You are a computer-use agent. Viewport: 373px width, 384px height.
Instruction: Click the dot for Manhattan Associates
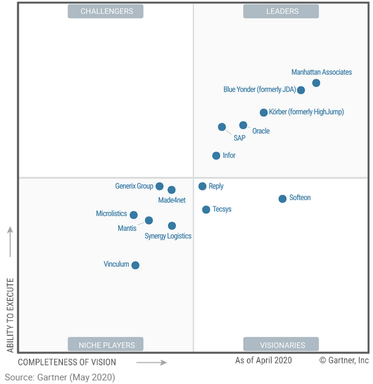coord(316,83)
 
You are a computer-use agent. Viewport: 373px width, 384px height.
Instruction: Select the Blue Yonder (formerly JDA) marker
coord(301,90)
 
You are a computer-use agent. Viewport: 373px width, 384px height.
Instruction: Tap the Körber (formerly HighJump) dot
coord(264,112)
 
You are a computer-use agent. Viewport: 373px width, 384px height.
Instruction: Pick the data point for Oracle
coord(243,125)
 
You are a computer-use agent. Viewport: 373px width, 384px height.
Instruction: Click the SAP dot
coord(222,127)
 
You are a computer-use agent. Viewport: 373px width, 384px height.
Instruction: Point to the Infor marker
coord(216,156)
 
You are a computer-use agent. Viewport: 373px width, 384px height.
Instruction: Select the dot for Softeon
coord(282,198)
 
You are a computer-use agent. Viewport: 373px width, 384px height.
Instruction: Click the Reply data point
coord(202,186)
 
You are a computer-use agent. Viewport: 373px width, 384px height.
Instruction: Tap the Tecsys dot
coord(206,210)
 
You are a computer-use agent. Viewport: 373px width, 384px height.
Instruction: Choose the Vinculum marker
coord(135,265)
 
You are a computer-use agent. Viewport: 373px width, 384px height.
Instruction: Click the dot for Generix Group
coord(159,186)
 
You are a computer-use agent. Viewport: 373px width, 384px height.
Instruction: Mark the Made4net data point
coord(171,190)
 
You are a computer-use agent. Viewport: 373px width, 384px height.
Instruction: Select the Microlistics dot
coord(134,215)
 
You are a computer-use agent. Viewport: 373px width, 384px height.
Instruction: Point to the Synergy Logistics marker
coord(172,226)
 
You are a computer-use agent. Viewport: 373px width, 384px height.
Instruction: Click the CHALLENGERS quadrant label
coord(105,11)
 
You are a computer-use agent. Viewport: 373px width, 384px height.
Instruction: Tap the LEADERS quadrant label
coord(281,11)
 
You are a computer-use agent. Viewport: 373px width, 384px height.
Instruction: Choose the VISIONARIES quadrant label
coord(281,344)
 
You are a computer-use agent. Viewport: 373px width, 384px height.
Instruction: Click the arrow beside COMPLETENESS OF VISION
coord(152,362)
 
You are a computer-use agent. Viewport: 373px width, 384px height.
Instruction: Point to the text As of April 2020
coord(264,360)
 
